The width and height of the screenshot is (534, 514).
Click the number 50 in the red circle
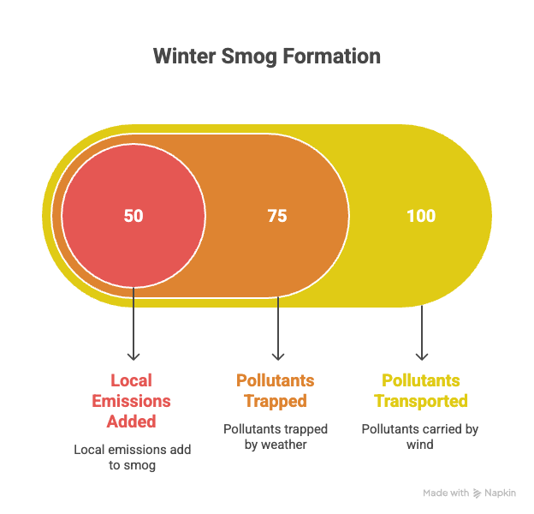[x=133, y=216]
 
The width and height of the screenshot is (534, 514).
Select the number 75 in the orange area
[x=277, y=216]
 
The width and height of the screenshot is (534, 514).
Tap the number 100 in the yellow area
[x=421, y=216]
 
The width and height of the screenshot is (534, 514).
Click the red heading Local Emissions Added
[x=133, y=401]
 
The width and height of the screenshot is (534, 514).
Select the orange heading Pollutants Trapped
[x=276, y=391]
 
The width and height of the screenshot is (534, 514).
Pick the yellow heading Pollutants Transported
[x=421, y=391]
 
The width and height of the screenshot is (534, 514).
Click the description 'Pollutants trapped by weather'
[x=276, y=437]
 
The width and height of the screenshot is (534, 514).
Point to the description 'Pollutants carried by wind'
[x=420, y=437]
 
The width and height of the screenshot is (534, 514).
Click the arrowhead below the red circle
[x=133, y=355]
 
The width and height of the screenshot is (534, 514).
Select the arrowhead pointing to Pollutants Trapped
[x=277, y=355]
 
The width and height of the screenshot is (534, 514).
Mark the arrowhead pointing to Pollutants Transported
[x=421, y=355]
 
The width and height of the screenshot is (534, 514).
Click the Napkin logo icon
[x=477, y=493]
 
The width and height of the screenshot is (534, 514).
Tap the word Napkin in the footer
[x=501, y=493]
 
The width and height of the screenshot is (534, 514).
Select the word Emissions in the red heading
[x=133, y=401]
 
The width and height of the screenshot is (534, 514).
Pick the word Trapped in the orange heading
[x=276, y=401]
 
